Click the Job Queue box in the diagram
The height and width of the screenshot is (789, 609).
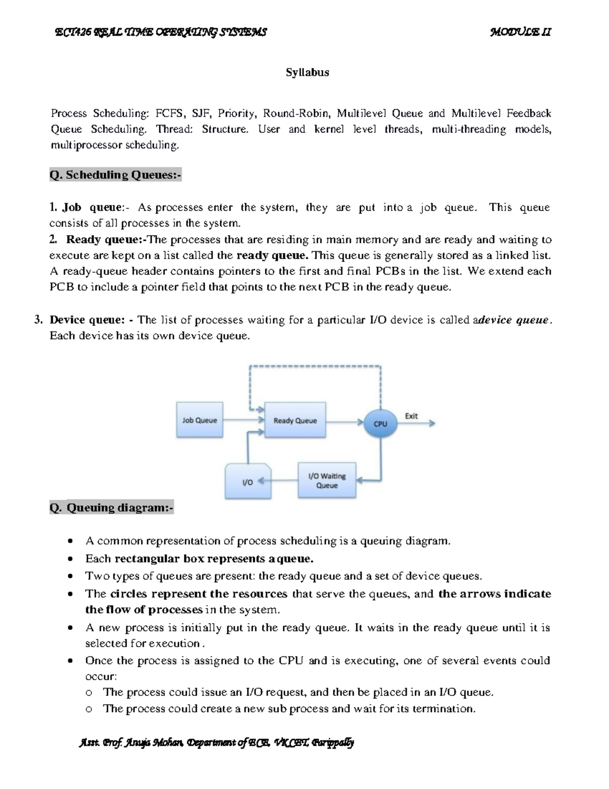point(199,420)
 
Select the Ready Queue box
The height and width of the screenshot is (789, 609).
point(295,420)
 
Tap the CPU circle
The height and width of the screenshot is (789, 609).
point(380,423)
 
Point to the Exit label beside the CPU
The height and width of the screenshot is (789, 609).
point(411,416)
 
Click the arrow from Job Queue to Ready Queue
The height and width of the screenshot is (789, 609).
point(244,420)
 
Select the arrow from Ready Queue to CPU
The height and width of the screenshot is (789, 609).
point(345,422)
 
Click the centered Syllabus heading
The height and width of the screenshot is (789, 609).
point(307,73)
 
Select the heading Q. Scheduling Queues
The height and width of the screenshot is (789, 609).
point(115,175)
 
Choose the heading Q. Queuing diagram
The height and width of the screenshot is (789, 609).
point(112,508)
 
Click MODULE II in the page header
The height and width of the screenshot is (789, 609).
point(521,33)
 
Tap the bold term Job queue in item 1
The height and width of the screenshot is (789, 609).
point(92,207)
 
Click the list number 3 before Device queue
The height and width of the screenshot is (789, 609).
point(37,320)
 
